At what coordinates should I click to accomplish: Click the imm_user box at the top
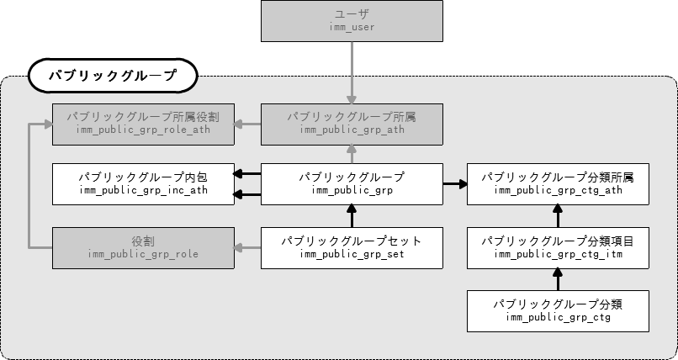pyautogui.click(x=352, y=21)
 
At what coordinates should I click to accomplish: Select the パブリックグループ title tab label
pyautogui.click(x=112, y=76)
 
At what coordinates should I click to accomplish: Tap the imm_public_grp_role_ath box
pyautogui.click(x=143, y=123)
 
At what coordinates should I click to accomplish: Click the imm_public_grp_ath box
pyautogui.click(x=352, y=123)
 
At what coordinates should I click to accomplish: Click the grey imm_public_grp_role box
pyautogui.click(x=143, y=247)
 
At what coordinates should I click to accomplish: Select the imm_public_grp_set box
pyautogui.click(x=352, y=247)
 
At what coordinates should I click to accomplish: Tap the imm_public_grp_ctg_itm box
pyautogui.click(x=558, y=247)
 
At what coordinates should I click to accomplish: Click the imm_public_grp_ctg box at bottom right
pyautogui.click(x=558, y=310)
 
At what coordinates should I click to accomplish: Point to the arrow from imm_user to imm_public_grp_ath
pyautogui.click(x=352, y=72)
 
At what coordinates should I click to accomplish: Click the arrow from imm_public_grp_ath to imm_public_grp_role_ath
pyautogui.click(x=247, y=124)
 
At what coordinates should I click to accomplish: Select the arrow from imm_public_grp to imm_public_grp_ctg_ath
pyautogui.click(x=455, y=182)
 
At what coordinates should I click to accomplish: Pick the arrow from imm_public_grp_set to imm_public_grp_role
pyautogui.click(x=247, y=247)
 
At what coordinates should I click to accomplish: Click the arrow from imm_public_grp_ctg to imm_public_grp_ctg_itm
pyautogui.click(x=558, y=278)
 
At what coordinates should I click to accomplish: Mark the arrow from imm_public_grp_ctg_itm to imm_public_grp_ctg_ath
pyautogui.click(x=558, y=216)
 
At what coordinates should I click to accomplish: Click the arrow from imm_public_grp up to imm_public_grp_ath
pyautogui.click(x=352, y=154)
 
